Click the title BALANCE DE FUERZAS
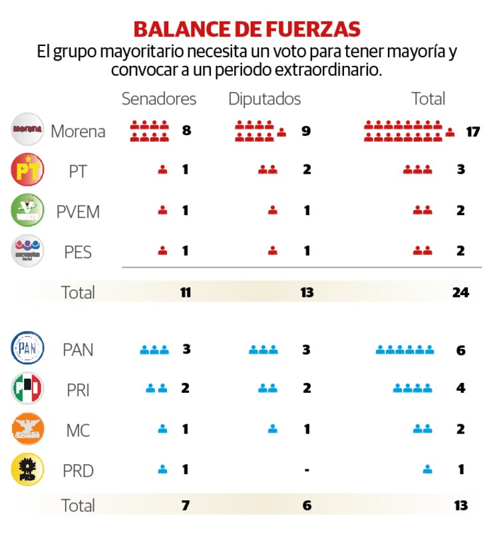(247, 29)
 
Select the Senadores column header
(159, 99)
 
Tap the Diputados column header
(264, 99)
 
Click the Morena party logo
(28, 129)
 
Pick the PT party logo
(28, 170)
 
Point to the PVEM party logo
(28, 210)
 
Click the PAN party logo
(28, 348)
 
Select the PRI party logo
(28, 389)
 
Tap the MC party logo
(28, 429)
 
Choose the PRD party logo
(28, 470)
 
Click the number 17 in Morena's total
(472, 131)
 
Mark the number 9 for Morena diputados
(306, 131)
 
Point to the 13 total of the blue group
(460, 505)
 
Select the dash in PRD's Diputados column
(306, 470)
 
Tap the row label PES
(78, 252)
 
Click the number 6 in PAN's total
(460, 350)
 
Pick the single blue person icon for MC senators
(162, 429)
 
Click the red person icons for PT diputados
(267, 170)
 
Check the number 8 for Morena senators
(186, 131)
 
